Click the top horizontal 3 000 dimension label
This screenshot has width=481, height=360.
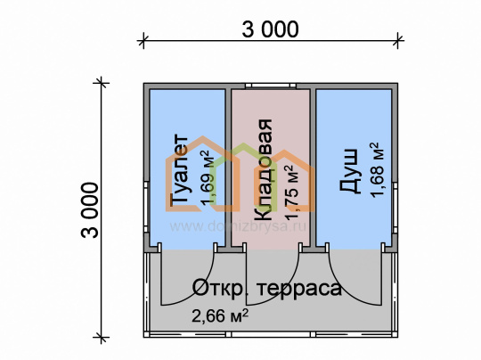click(270, 29)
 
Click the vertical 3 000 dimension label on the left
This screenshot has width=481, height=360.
click(90, 210)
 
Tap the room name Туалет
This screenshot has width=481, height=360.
click(179, 169)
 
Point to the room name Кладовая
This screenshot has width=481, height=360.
click(264, 169)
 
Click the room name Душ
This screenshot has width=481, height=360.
click(349, 171)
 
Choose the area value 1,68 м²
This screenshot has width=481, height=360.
click(378, 169)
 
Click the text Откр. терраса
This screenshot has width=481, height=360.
click(266, 288)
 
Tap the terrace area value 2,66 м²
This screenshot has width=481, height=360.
click(220, 315)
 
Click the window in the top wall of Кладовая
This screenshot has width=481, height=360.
click(271, 86)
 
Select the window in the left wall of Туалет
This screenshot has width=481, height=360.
click(147, 207)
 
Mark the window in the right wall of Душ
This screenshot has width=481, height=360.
click(395, 208)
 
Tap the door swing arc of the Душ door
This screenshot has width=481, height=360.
click(344, 290)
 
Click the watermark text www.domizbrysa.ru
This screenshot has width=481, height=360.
click(238, 226)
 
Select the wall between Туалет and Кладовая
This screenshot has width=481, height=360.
click(228, 168)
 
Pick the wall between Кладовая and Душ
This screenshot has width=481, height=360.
click(313, 168)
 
